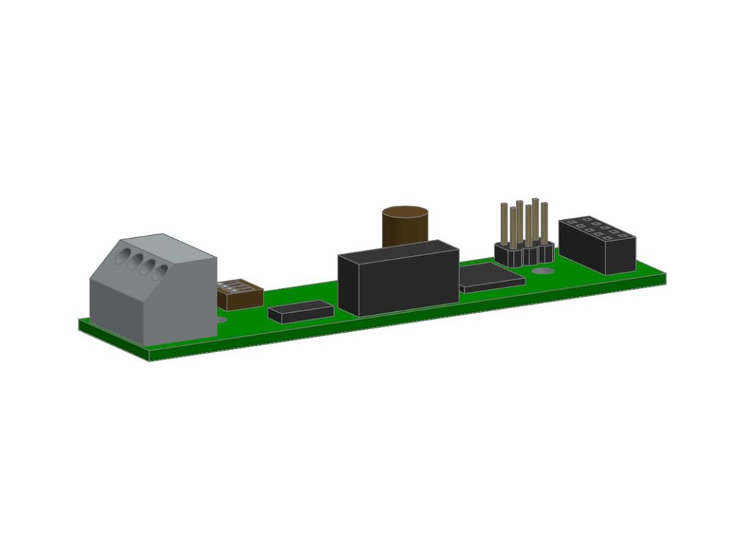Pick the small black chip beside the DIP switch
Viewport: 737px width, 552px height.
click(x=300, y=311)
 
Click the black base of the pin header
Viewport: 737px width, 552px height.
click(x=524, y=254)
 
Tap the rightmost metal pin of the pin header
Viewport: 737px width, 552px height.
click(x=544, y=224)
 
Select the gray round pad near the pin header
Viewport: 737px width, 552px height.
click(x=543, y=272)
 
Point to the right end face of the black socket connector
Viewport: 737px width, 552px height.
click(x=620, y=255)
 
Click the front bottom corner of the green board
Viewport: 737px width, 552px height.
click(x=149, y=357)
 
